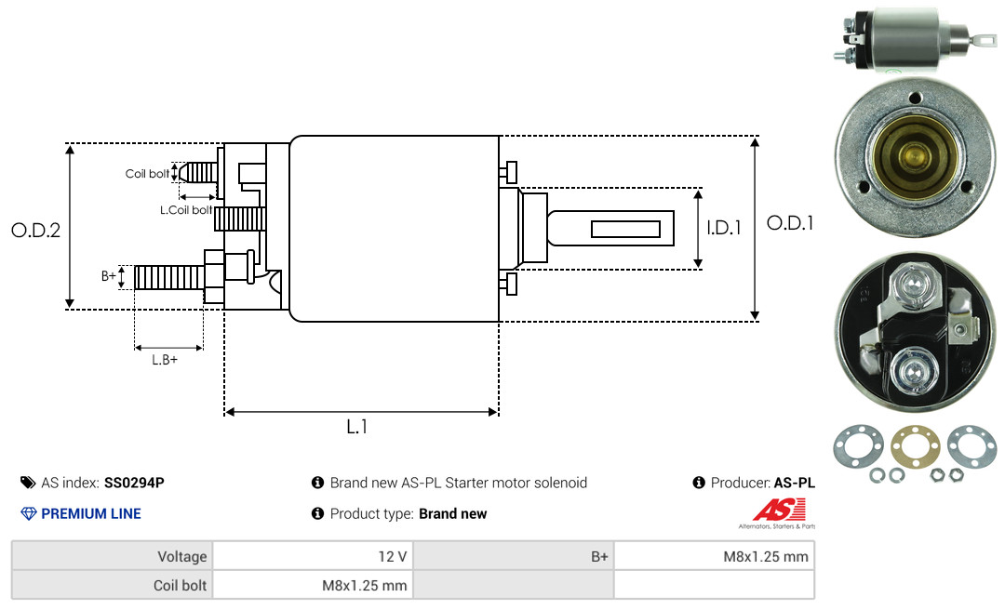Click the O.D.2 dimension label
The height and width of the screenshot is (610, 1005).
pyautogui.click(x=36, y=230)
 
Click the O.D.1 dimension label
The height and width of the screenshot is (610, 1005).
pyautogui.click(x=790, y=223)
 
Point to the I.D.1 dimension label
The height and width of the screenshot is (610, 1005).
pyautogui.click(x=724, y=228)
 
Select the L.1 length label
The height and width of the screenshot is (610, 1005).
pyautogui.click(x=357, y=427)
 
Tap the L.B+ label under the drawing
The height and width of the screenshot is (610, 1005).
pyautogui.click(x=165, y=360)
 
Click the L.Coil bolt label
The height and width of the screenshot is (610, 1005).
pyautogui.click(x=186, y=209)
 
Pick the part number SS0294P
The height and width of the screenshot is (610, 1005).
pyautogui.click(x=134, y=483)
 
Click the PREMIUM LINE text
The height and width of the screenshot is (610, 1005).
pyautogui.click(x=91, y=513)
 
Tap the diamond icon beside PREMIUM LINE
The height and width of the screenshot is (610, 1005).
pyautogui.click(x=29, y=513)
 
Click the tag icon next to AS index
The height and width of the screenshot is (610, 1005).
pyautogui.click(x=28, y=483)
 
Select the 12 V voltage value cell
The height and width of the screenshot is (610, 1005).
pyautogui.click(x=313, y=556)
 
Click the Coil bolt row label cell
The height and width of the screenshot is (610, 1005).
pyautogui.click(x=113, y=585)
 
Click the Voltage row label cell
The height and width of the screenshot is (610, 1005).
pyautogui.click(x=113, y=556)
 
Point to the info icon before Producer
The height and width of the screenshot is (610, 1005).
pyautogui.click(x=699, y=483)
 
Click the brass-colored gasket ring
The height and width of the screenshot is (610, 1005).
pyautogui.click(x=916, y=446)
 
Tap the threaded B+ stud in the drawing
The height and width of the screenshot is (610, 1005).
pyautogui.click(x=169, y=277)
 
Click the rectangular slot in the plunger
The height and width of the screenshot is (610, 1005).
pyautogui.click(x=625, y=229)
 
